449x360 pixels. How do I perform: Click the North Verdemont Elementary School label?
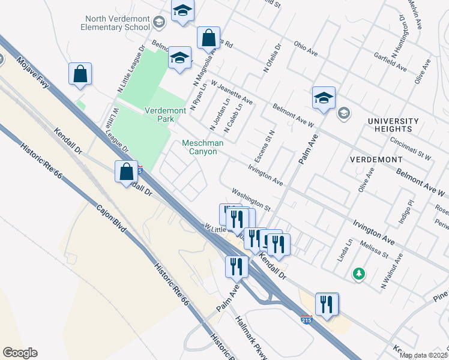point(117,23)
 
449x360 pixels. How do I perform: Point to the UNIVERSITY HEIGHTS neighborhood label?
point(390,125)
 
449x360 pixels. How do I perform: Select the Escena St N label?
point(268,141)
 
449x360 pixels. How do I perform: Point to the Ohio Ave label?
point(306,48)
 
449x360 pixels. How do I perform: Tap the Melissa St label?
point(374,249)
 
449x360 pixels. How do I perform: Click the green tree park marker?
point(359,274)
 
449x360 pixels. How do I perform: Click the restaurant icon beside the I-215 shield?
point(326,304)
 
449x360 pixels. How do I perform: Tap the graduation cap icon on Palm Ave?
point(324,99)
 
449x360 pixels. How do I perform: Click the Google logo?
point(20,353)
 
